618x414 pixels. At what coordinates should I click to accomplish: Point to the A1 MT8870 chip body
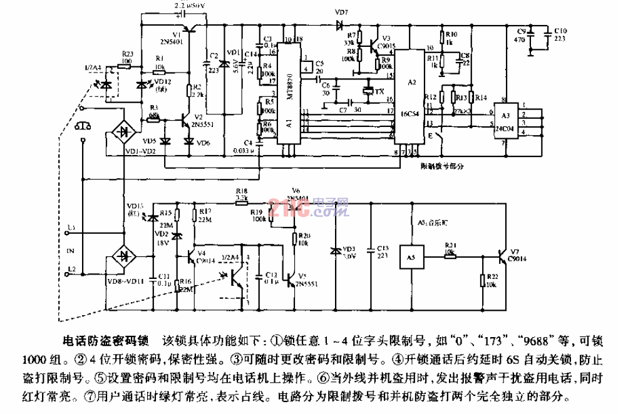tap(288, 94)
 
